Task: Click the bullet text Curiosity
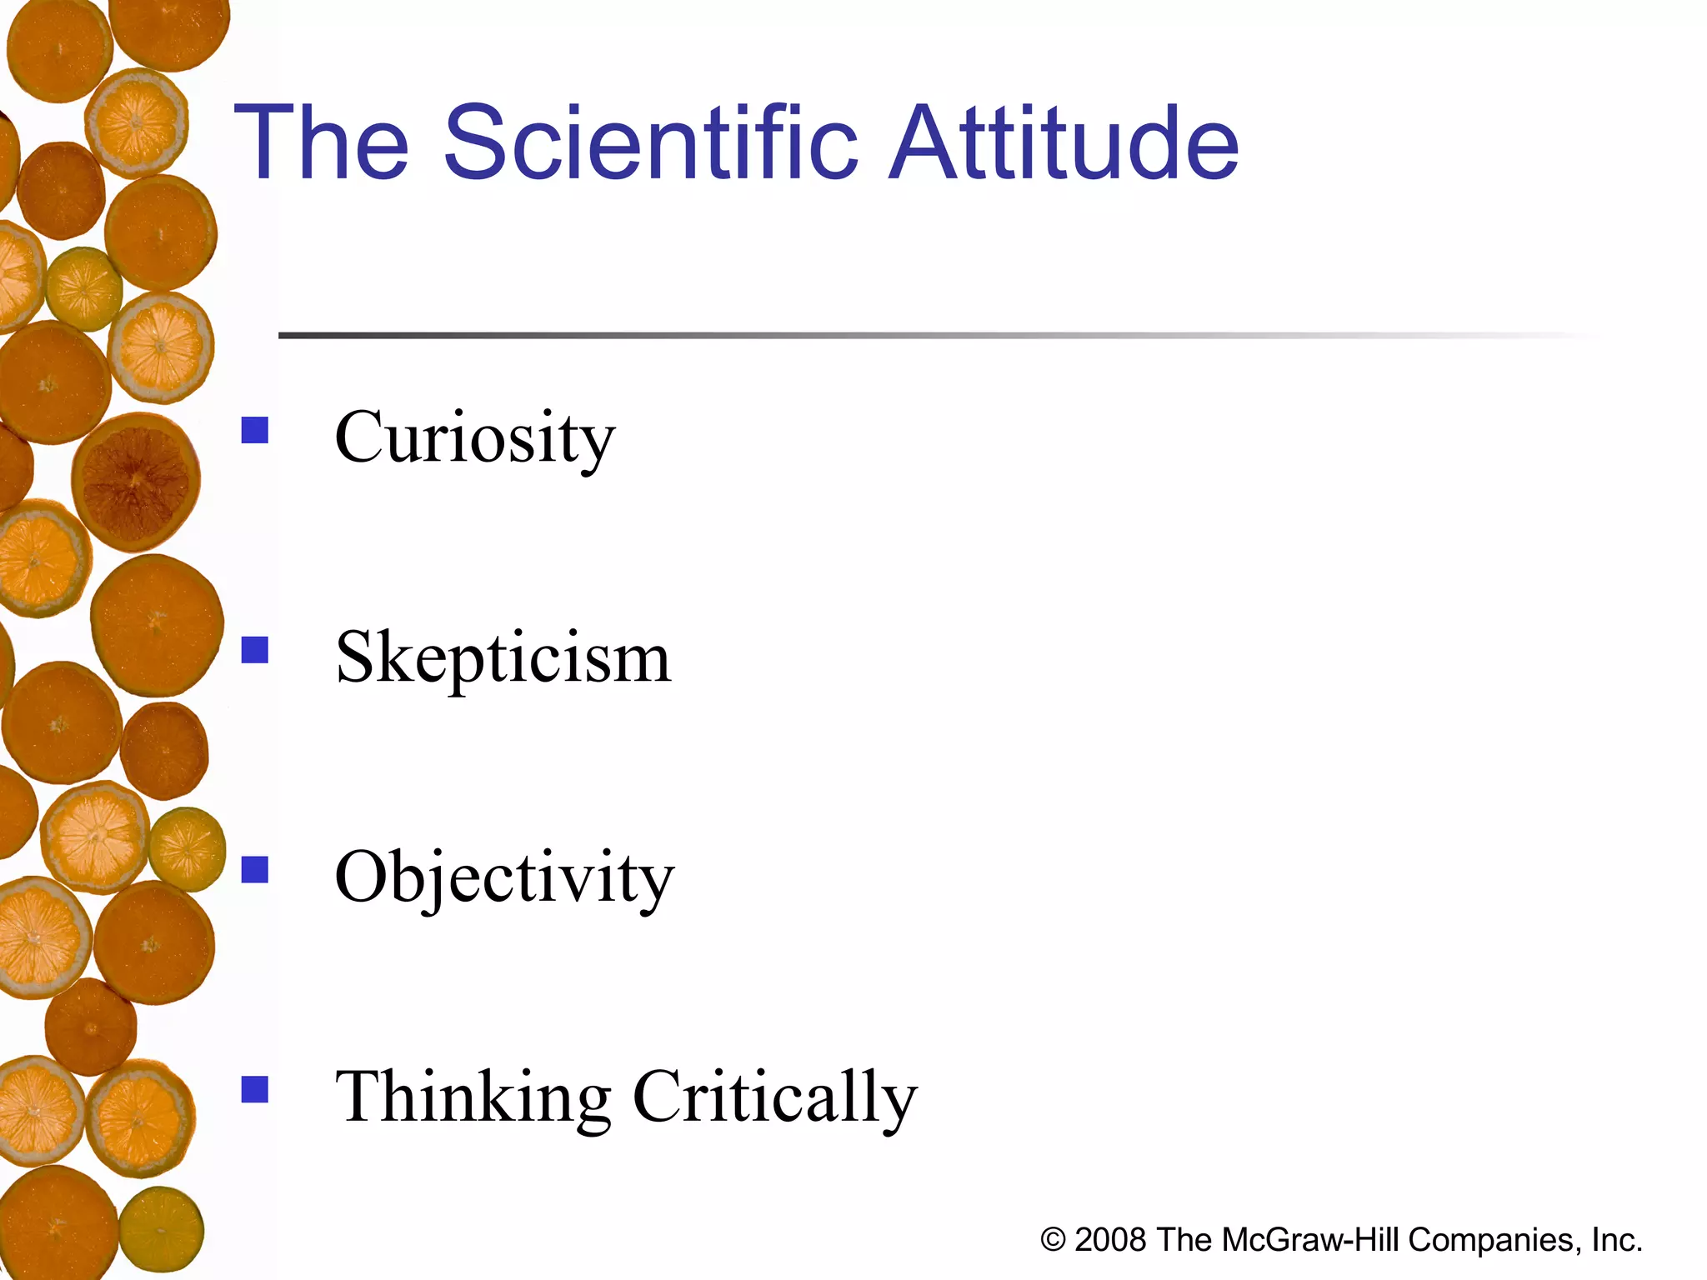(474, 439)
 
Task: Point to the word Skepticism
(503, 658)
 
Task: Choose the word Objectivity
(504, 877)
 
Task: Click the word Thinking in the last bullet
(473, 1097)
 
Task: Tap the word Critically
(775, 1097)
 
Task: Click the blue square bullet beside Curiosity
(255, 430)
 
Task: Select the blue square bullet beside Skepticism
(255, 650)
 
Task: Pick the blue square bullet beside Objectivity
(255, 869)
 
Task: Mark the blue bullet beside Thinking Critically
(255, 1089)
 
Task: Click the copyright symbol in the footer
(1053, 1240)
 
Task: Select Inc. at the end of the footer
(1617, 1240)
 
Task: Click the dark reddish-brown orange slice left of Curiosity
(136, 482)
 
